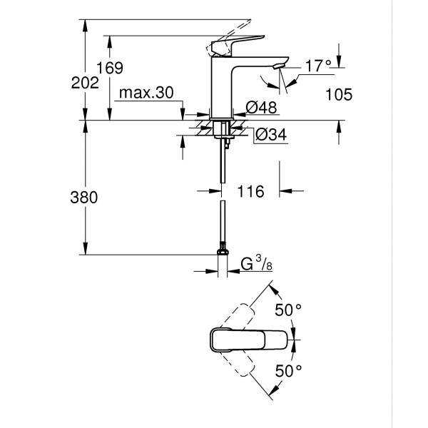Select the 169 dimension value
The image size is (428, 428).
(111, 68)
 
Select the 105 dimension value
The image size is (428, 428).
(338, 94)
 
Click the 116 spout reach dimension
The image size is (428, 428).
(250, 191)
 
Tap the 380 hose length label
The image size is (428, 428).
(85, 198)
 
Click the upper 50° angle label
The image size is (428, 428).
(289, 310)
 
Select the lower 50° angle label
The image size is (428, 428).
(289, 370)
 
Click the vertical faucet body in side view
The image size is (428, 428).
(222, 86)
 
